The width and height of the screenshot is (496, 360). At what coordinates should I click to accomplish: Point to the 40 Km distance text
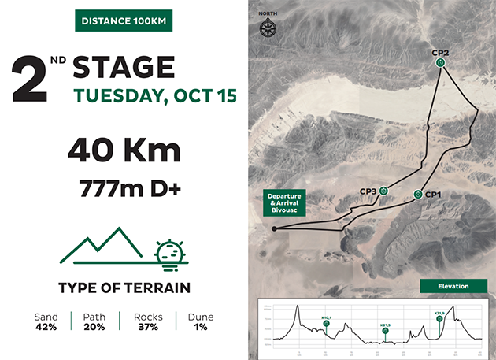point(124,150)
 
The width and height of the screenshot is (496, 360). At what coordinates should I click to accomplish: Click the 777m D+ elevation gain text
point(124,189)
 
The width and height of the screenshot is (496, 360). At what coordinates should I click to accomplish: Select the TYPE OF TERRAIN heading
point(124,288)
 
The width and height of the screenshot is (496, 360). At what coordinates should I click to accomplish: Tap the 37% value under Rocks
point(148,326)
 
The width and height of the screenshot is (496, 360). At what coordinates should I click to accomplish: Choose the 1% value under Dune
point(200,326)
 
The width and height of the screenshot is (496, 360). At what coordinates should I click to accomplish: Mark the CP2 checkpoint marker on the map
point(440,62)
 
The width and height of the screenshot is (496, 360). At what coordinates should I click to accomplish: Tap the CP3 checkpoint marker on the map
point(383,190)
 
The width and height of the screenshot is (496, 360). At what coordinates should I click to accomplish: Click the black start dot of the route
point(274,229)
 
